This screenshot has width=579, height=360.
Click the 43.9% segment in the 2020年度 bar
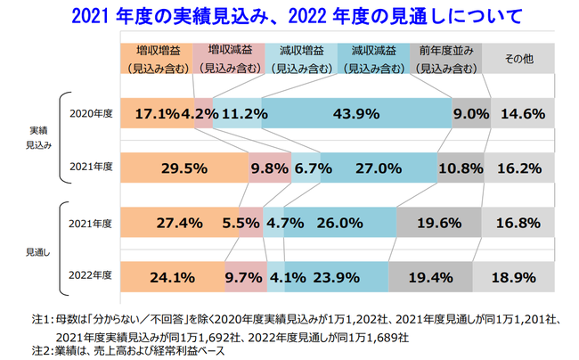pyautogui.click(x=356, y=113)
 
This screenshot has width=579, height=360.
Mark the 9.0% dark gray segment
pyautogui.click(x=471, y=113)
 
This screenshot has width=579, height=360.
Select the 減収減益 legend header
pyautogui.click(x=373, y=58)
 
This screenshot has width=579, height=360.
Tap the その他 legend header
pyautogui.click(x=518, y=59)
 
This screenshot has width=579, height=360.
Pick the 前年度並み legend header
pyautogui.click(x=445, y=58)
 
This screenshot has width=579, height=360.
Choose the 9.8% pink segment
pyautogui.click(x=270, y=167)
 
